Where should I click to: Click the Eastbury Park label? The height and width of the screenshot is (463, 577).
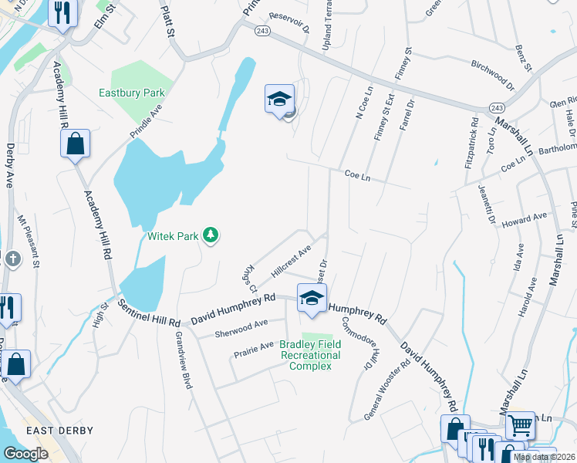coord(132,93)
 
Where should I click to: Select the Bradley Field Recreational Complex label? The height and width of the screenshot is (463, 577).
coord(310,355)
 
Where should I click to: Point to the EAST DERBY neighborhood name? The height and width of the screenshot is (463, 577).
coord(59,431)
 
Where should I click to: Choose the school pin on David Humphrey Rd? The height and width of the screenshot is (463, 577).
coord(312,299)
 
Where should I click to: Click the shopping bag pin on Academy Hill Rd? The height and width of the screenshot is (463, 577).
coord(76,144)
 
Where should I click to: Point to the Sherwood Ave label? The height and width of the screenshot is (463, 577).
coord(241,328)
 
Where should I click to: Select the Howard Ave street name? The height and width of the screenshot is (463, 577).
coord(524,221)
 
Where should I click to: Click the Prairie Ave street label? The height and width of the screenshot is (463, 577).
coord(254,350)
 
